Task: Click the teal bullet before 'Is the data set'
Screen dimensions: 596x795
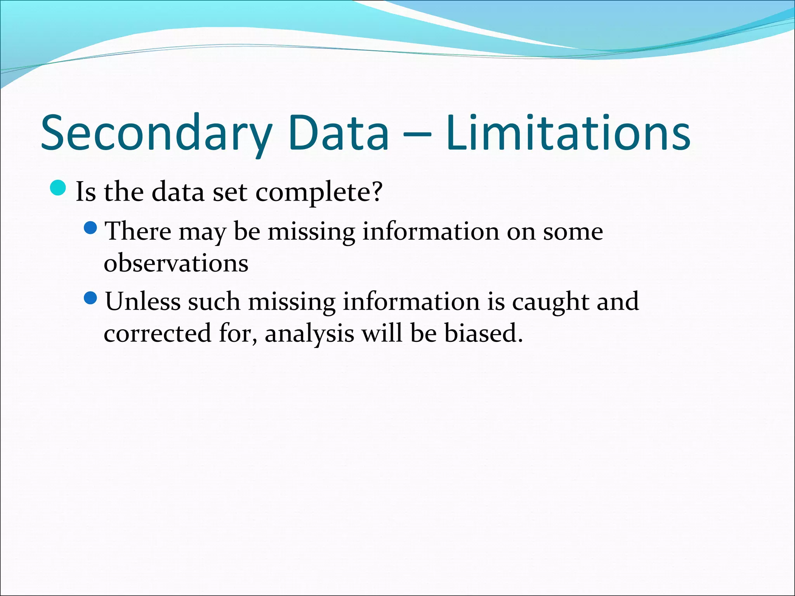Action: click(x=59, y=188)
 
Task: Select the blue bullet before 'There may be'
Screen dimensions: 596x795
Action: click(x=90, y=228)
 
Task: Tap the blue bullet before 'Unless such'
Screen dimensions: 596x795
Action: click(x=90, y=298)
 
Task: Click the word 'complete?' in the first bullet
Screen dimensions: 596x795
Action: click(x=319, y=192)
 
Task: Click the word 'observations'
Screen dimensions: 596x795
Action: click(x=176, y=263)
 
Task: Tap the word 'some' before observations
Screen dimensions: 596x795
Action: click(x=573, y=232)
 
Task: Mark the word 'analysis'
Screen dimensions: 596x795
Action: click(x=309, y=334)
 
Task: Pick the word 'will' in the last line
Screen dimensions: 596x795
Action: click(x=382, y=333)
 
